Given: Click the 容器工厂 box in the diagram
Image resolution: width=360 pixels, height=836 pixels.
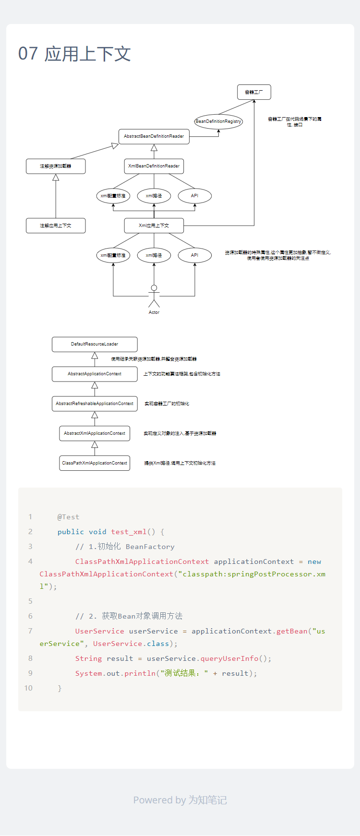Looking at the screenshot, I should coord(254,92).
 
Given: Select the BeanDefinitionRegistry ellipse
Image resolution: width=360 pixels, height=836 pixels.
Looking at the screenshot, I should coord(218,121).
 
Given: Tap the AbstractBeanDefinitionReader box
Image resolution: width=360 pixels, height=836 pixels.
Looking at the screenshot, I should coord(154,136).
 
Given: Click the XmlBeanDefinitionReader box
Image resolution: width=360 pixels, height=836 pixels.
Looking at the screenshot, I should coord(154,166).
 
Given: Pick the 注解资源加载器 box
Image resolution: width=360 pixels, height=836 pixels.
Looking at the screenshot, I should coord(56,166).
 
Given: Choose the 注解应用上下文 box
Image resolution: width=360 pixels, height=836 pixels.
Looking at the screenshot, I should coord(56,226).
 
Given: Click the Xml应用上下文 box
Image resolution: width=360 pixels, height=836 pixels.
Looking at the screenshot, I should coord(154,226).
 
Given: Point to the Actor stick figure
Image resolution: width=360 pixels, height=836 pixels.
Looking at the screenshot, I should coord(154,296).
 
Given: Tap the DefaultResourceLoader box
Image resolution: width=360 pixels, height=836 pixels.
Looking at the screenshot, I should coord(95,344).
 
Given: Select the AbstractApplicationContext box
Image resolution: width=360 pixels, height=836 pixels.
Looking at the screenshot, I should coord(95,374).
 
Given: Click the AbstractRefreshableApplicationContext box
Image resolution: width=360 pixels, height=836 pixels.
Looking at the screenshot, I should coord(95,404).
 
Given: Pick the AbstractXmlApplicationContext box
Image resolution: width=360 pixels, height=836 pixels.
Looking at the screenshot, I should coord(95,433).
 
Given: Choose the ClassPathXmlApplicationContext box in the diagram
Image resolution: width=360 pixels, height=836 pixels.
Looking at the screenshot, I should coord(95,463).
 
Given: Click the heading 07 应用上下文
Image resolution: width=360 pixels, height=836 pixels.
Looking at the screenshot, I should coord(74,54).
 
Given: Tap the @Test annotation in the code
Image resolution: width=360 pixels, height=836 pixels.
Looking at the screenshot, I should coord(68,517).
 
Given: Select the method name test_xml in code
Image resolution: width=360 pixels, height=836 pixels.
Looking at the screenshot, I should coord(129,532).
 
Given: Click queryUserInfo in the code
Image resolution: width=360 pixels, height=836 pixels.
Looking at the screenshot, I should coord(229,658).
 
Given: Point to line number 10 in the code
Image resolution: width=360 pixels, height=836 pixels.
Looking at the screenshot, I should coord(28,688).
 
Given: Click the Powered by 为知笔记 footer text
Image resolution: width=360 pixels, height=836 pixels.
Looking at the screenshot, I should coord(180,800).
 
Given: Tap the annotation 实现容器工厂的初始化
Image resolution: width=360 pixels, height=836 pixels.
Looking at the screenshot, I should coord(167,404).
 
